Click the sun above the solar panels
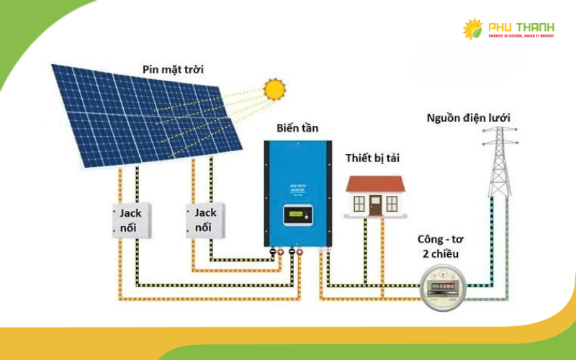coord(274,89)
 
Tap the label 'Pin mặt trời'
coord(173,70)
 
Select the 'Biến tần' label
coord(297,128)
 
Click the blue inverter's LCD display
coord(297,215)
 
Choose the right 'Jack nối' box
coord(206,220)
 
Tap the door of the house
coord(376,205)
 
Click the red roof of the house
coord(376,183)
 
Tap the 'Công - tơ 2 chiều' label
coord(442,246)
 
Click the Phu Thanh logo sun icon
coord(473,30)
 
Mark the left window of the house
coord(358,204)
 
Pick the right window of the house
coord(393,204)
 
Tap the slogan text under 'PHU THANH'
coord(521,35)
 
